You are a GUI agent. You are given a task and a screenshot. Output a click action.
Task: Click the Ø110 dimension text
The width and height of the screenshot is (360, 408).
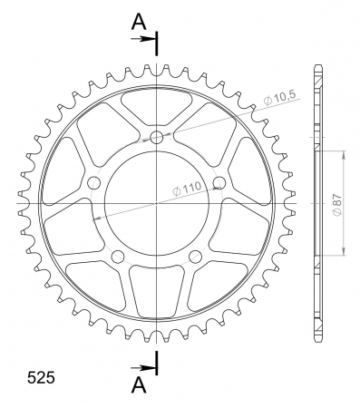click(187, 189)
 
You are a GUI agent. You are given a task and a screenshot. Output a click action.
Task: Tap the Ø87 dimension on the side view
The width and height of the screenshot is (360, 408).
click(336, 204)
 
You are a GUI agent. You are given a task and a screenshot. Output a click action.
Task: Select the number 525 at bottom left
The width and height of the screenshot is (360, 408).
click(41, 377)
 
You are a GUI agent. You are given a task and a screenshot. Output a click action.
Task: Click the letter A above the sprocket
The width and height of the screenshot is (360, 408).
click(139, 22)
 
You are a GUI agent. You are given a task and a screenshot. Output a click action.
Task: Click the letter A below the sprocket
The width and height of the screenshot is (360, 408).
click(139, 384)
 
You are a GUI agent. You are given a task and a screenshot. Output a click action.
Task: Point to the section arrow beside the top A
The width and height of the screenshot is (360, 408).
click(143, 39)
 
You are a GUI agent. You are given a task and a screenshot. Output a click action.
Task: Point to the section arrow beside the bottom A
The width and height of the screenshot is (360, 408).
click(143, 368)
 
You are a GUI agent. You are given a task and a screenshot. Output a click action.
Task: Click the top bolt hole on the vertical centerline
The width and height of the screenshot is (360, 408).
click(157, 137)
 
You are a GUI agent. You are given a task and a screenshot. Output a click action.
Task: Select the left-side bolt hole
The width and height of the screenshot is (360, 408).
click(93, 182)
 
